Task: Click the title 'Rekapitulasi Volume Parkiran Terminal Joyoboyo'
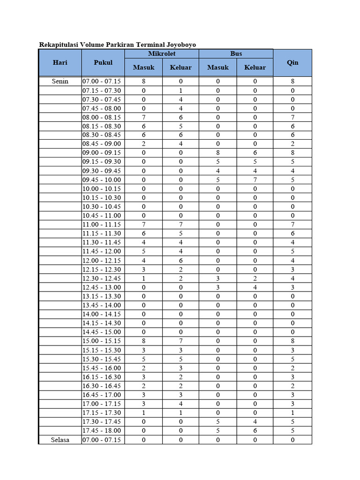(x=117, y=45)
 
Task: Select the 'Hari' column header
(x=60, y=62)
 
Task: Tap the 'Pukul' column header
(x=103, y=62)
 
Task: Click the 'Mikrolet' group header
(x=162, y=54)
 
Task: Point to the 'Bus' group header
(x=236, y=54)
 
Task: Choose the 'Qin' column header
(x=292, y=62)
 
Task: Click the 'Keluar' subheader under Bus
(x=255, y=67)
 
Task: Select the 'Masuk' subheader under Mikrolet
(x=143, y=67)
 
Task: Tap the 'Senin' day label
(x=60, y=81)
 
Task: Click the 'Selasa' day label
(x=60, y=440)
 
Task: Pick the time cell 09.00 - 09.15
(x=102, y=153)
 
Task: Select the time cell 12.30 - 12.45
(x=102, y=278)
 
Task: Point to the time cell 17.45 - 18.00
(x=102, y=431)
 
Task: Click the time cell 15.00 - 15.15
(x=102, y=341)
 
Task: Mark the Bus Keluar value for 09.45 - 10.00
(x=255, y=180)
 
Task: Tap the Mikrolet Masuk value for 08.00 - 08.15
(x=143, y=117)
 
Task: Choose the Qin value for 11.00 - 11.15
(x=292, y=225)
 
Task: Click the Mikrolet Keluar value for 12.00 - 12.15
(x=180, y=261)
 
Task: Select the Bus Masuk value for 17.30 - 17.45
(x=218, y=422)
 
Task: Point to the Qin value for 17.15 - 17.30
(x=292, y=413)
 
